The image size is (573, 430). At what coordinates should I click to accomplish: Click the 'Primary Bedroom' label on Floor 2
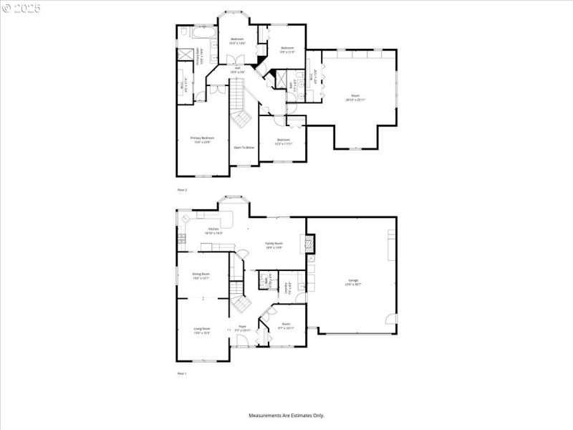click(x=202, y=139)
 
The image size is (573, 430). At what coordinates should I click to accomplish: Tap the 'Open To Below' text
click(x=244, y=147)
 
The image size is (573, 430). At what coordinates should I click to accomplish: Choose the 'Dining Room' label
click(x=201, y=275)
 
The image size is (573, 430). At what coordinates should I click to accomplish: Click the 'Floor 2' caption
click(x=181, y=190)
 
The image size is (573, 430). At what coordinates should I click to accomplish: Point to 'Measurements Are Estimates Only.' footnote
click(x=286, y=415)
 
